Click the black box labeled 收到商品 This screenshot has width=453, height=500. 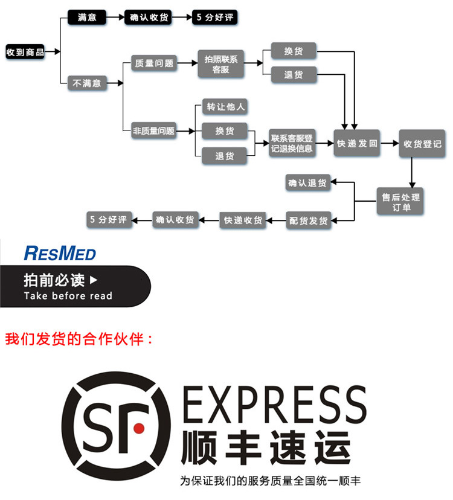click(25, 53)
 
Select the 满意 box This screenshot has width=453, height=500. click(86, 18)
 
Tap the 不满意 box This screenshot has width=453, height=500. click(86, 83)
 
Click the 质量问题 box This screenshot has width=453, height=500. click(154, 63)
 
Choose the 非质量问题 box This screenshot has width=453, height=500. click(154, 130)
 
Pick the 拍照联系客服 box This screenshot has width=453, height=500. click(220, 63)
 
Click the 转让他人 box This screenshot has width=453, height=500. click(225, 107)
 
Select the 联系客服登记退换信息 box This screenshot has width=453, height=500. click(292, 144)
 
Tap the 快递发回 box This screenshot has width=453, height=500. click(357, 144)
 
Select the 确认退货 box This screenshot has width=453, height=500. click(308, 183)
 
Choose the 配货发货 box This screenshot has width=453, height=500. click(308, 220)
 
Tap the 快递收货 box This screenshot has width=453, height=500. click(243, 220)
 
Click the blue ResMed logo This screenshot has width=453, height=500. click(60, 252)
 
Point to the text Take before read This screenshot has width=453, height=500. click(68, 296)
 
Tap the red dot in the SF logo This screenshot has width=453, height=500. click(139, 428)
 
